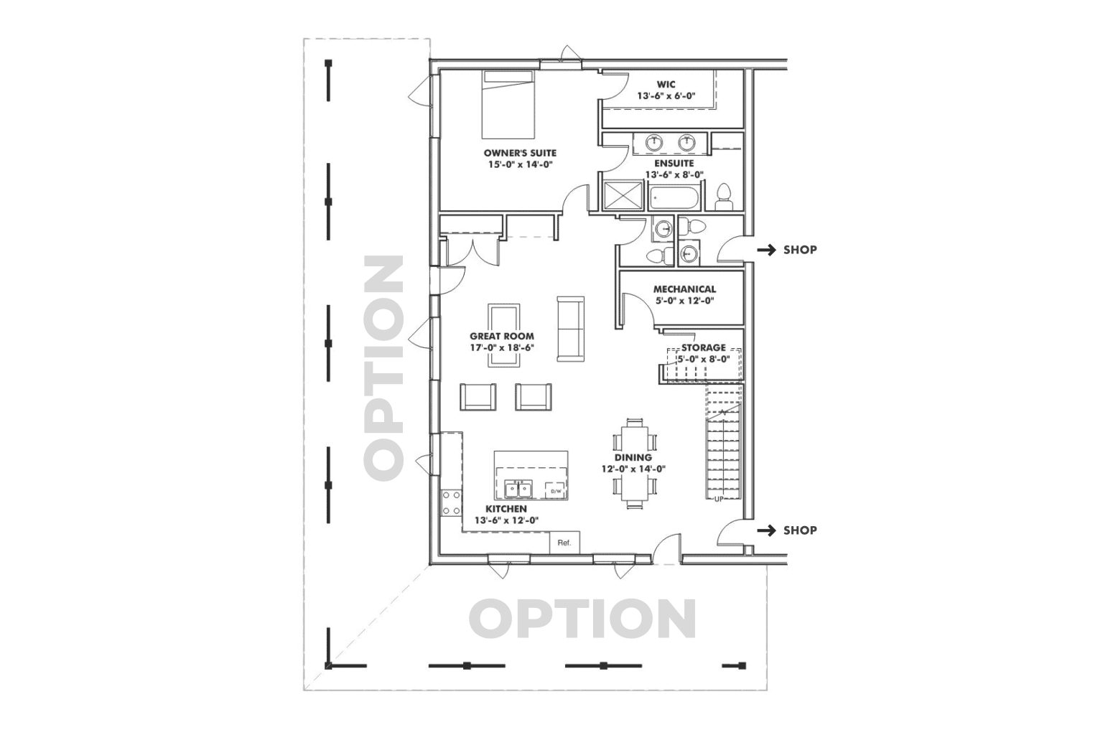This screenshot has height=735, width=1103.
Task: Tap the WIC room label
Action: click(666, 84)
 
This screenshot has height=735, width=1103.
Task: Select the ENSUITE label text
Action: click(674, 163)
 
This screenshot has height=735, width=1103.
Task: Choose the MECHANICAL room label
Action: click(684, 289)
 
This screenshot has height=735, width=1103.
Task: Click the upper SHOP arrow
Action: click(768, 250)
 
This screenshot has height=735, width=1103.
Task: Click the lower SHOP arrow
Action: click(768, 530)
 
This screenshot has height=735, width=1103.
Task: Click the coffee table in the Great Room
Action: click(504, 334)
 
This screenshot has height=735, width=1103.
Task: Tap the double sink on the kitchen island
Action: click(517, 490)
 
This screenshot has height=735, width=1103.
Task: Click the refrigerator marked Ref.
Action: click(564, 543)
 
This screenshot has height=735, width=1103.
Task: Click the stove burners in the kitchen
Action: click(451, 502)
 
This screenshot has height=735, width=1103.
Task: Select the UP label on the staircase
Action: click(718, 498)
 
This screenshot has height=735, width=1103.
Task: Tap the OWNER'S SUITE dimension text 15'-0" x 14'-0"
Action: click(519, 164)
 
